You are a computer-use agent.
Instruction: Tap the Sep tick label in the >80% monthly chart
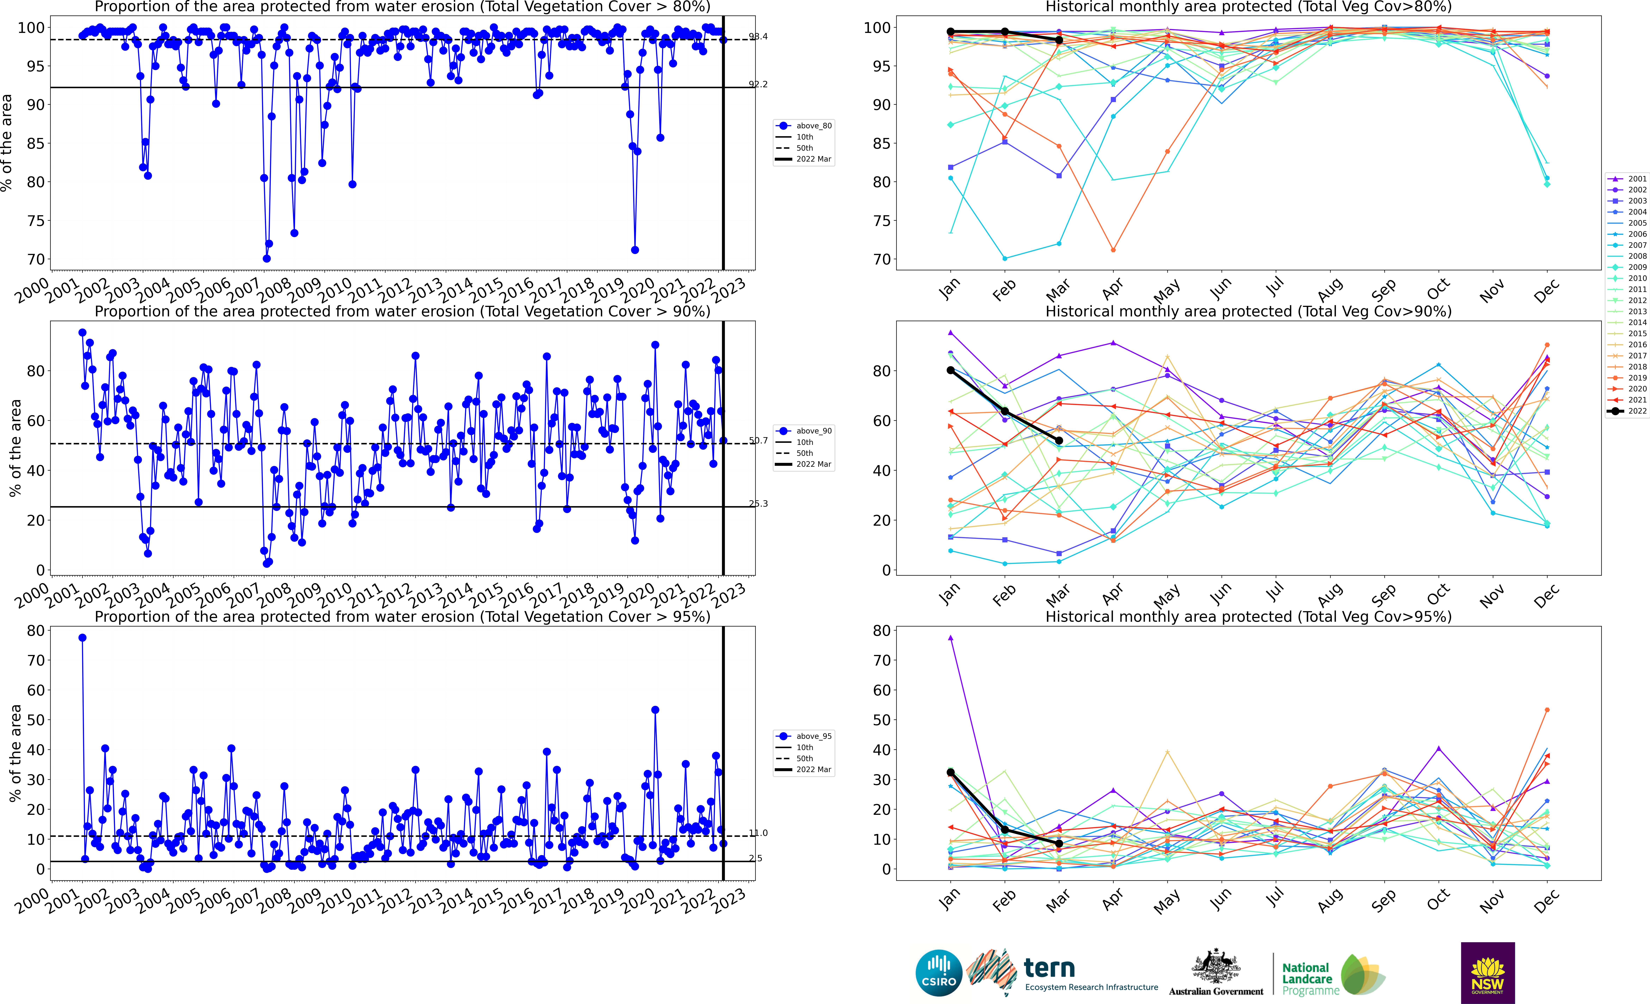pyautogui.click(x=1383, y=289)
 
